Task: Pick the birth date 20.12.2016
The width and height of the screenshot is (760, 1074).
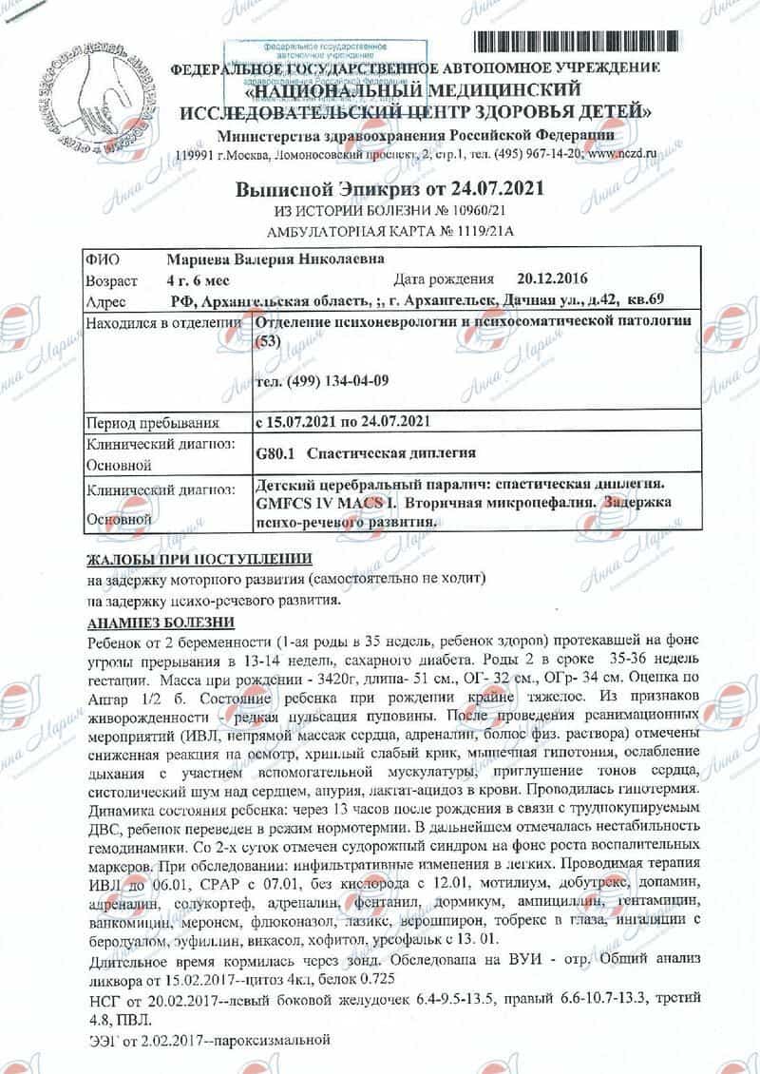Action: [552, 280]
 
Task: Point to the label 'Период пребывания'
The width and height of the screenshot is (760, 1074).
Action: [153, 421]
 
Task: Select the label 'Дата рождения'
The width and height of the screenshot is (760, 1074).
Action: [443, 280]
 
